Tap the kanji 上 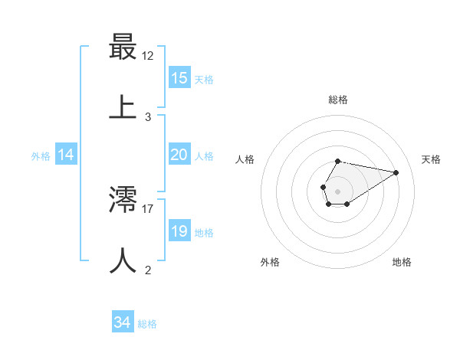pos(123,106)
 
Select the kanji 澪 pos(123,200)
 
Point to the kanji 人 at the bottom pos(123,260)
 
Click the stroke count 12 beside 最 pos(149,56)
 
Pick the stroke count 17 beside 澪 pos(149,208)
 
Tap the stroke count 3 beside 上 pos(148,116)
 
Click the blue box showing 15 pos(179,78)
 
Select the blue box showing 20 pos(179,155)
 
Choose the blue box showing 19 pos(179,231)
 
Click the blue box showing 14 pos(66,155)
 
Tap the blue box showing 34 pos(123,322)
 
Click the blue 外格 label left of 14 pos(41,156)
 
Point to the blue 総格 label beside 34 pos(147,324)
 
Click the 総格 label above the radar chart pos(338,100)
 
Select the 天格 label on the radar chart pos(432,159)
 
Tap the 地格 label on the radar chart pos(402,262)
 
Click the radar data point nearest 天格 pos(396,172)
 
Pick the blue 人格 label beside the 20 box pos(204,156)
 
